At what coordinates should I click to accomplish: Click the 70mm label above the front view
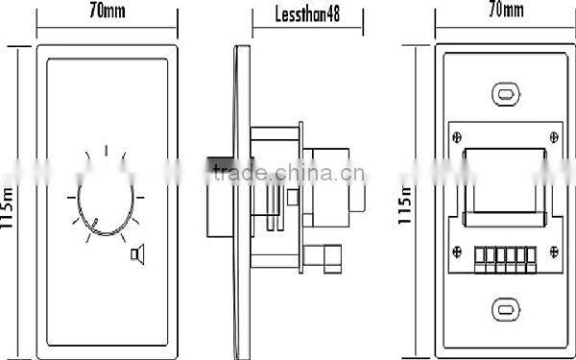pos(107,12)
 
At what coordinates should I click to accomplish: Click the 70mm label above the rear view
pos(505,12)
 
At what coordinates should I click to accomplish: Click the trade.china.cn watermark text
pos(288,174)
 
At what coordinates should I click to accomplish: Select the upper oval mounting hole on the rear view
pos(505,93)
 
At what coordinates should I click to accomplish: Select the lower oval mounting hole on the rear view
pos(505,309)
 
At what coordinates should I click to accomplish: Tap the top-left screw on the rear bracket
pos(456,135)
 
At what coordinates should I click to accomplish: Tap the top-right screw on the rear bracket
pos(554,135)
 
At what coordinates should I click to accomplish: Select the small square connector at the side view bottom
pos(317,255)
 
